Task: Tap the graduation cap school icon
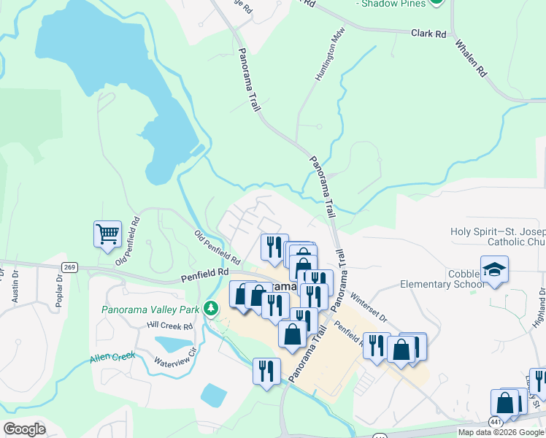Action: point(494,269)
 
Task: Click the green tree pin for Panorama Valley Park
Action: point(211,309)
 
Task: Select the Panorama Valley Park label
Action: point(150,310)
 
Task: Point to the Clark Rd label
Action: point(428,34)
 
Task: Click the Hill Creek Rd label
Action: point(169,326)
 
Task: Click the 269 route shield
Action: point(69,267)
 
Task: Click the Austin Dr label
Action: point(15,289)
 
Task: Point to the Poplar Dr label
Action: point(59,291)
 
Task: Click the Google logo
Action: point(24,429)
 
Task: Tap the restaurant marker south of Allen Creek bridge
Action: point(264,370)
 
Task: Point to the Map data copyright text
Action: point(501,432)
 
